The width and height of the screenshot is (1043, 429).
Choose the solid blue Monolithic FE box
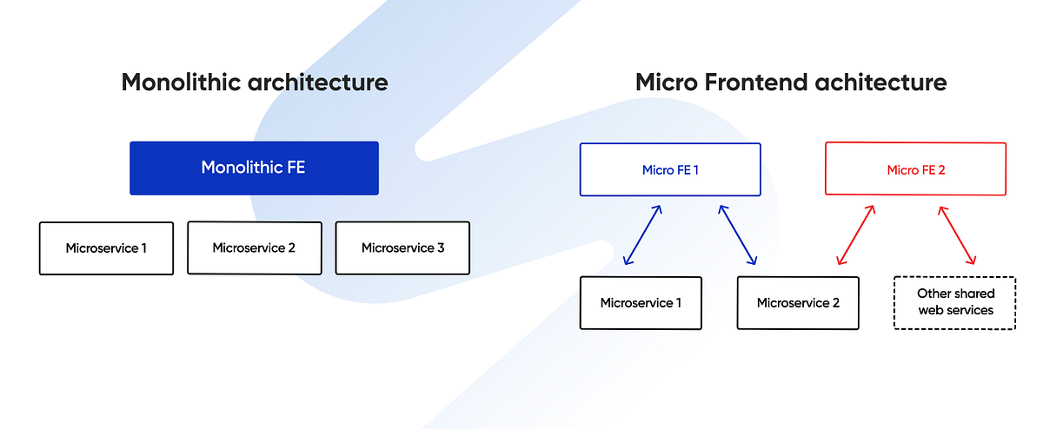pos(254,168)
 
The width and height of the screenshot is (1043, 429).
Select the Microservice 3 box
pos(402,248)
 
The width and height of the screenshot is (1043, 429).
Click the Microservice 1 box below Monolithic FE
pos(106,248)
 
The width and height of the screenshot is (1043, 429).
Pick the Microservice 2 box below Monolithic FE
pos(254,248)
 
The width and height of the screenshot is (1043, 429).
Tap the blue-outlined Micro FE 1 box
pos(670,169)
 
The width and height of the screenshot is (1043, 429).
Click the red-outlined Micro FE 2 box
pos(915,169)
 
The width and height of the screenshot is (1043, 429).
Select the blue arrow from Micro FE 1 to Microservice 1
pos(643,234)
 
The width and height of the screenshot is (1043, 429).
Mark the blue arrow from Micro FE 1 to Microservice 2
pos(737,234)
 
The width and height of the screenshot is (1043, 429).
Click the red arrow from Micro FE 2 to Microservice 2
pos(855,234)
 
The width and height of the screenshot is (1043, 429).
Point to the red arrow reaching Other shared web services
pos(956,234)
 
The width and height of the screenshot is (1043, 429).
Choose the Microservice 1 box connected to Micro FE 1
pos(641,303)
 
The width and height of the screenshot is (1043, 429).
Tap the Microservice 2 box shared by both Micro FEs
pos(798,303)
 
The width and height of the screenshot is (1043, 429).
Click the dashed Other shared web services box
pos(954,302)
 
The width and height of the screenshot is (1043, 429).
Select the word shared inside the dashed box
pos(974,294)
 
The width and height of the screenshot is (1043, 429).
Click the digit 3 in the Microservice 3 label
pos(441,248)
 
